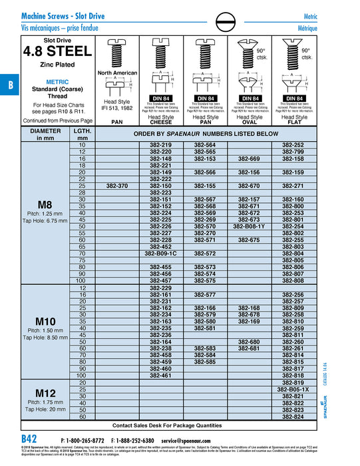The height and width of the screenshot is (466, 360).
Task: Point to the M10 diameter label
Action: [45, 321]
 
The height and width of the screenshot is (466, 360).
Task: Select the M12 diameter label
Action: [45, 393]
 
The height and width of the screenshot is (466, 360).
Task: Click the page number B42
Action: [29, 440]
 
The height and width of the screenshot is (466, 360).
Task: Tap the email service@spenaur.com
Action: [197, 441]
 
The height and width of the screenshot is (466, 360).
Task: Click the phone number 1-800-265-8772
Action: [83, 441]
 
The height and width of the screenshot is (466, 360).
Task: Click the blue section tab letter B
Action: [10, 86]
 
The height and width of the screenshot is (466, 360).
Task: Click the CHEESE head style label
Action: [161, 123]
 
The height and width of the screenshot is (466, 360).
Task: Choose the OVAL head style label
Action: [249, 123]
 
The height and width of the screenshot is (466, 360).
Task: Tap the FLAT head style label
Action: [293, 123]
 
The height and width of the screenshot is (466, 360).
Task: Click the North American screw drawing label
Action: [117, 73]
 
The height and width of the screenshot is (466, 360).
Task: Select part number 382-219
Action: [161, 144]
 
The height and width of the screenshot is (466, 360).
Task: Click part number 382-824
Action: [293, 417]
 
